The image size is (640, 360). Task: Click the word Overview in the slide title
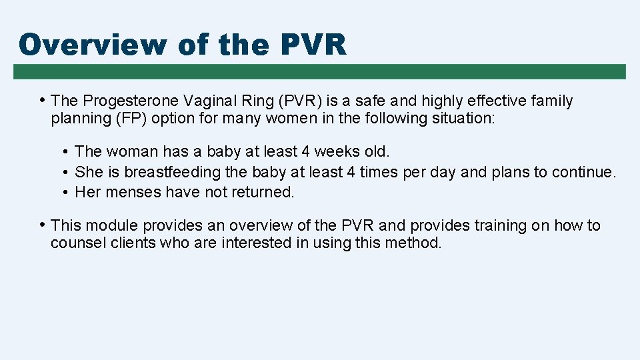[x=93, y=45]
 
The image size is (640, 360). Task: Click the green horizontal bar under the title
[x=319, y=71]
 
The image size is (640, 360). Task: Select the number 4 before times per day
[x=351, y=172]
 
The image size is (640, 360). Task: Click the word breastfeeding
[x=173, y=172]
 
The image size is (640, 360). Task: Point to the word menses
[x=129, y=193]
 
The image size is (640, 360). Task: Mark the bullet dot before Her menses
[x=67, y=193]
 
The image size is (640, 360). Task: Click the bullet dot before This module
[x=43, y=225]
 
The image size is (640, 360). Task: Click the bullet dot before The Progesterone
[x=43, y=100]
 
